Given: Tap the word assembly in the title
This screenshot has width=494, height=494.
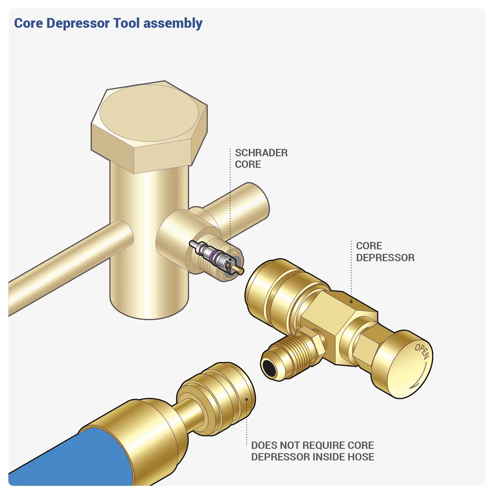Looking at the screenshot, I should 173,23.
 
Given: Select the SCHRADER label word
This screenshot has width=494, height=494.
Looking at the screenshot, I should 261,153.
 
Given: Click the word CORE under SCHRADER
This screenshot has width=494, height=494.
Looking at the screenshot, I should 248,164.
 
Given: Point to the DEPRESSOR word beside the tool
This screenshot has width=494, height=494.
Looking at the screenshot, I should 385,258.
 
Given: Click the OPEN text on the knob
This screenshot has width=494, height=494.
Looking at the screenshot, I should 422,351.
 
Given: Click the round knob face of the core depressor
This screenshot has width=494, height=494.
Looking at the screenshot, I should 409,366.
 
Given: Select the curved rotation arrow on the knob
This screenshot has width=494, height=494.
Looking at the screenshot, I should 420,379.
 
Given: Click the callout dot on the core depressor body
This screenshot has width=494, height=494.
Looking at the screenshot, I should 351,301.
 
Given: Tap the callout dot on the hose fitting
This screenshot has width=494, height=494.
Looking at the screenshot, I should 247,399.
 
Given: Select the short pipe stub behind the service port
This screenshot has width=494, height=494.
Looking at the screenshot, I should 244,207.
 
